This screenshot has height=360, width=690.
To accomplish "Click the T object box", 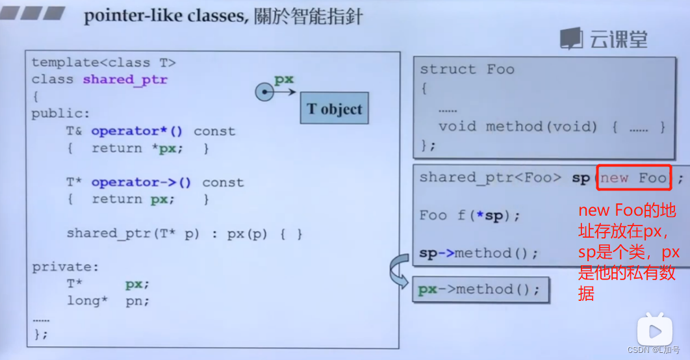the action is click(x=334, y=109).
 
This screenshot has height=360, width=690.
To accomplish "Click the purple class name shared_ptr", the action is click(x=125, y=80).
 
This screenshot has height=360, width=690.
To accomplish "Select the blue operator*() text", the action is click(x=137, y=131).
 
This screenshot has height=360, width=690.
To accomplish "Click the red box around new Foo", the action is click(x=633, y=177).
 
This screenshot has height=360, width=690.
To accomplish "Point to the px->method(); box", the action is click(x=480, y=290).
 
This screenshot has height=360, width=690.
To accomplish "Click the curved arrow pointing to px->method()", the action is click(x=398, y=272).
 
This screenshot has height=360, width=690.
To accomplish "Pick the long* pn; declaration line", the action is click(x=108, y=301).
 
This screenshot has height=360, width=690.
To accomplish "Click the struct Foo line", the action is click(x=466, y=69).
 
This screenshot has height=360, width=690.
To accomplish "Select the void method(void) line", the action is click(x=551, y=127).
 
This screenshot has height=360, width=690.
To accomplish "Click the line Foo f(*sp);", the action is click(x=470, y=216).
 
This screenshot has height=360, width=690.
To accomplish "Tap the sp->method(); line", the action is click(x=478, y=253).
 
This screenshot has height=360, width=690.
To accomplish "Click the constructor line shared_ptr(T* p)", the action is click(x=184, y=233).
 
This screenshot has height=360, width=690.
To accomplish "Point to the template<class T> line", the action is click(x=104, y=63).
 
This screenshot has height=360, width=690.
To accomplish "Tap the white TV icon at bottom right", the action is click(x=654, y=330).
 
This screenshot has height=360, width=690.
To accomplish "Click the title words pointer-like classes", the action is click(x=165, y=15).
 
